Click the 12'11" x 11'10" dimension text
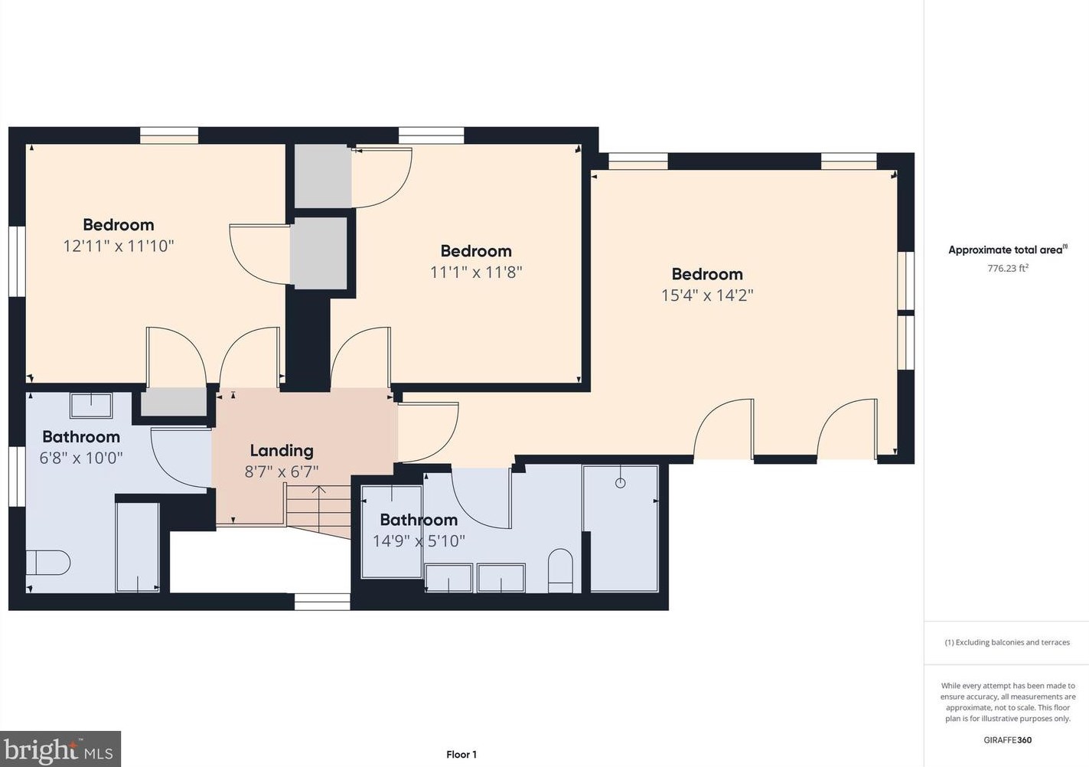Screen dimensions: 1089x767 pos(119,246)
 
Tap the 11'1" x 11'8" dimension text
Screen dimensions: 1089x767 pos(476,272)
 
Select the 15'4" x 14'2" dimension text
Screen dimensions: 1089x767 pos(707,295)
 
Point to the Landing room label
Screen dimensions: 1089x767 pos(282,451)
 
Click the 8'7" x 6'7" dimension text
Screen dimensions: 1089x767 pos(282,472)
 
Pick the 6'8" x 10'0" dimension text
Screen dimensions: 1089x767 pos(80,458)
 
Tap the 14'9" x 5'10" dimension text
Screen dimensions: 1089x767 pos(419,541)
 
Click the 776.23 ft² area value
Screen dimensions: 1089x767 pos(1008,268)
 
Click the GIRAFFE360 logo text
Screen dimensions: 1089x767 pos(1007,739)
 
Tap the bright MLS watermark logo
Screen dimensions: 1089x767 pos(60,749)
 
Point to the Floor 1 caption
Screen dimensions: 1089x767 pos(461,754)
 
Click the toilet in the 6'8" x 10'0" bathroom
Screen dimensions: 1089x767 pos(48,563)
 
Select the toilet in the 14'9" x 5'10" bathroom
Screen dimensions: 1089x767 pos(560,570)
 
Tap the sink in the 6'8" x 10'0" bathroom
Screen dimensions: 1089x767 pos(91,405)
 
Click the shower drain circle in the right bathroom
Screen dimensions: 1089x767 pos(621,483)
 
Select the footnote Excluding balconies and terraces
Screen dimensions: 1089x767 pos(1007,642)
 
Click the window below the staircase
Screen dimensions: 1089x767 pos(322,602)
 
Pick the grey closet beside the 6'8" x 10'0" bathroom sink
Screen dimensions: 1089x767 pos(174,402)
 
